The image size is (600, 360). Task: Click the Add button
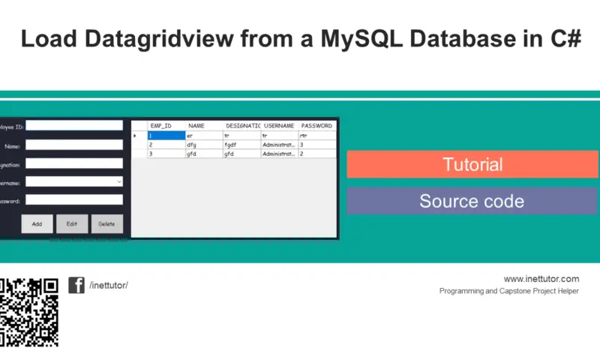(x=37, y=223)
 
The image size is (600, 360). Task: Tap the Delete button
(x=106, y=223)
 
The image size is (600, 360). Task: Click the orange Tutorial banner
(x=472, y=164)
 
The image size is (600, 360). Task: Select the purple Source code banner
(x=472, y=201)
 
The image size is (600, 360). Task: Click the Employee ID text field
(x=74, y=126)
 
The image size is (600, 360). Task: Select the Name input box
(x=74, y=145)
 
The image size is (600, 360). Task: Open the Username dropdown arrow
(x=119, y=181)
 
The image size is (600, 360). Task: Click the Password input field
(x=74, y=200)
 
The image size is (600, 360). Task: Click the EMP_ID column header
(x=161, y=126)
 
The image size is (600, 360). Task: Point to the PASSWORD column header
(x=316, y=126)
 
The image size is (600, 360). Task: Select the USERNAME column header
(x=279, y=126)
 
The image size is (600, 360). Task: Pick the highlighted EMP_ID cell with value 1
(x=166, y=136)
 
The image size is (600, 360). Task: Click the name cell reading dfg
(x=203, y=145)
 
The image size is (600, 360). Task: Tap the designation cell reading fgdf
(x=241, y=145)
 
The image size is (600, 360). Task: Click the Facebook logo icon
(x=76, y=285)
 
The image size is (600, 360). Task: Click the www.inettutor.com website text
(x=541, y=279)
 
